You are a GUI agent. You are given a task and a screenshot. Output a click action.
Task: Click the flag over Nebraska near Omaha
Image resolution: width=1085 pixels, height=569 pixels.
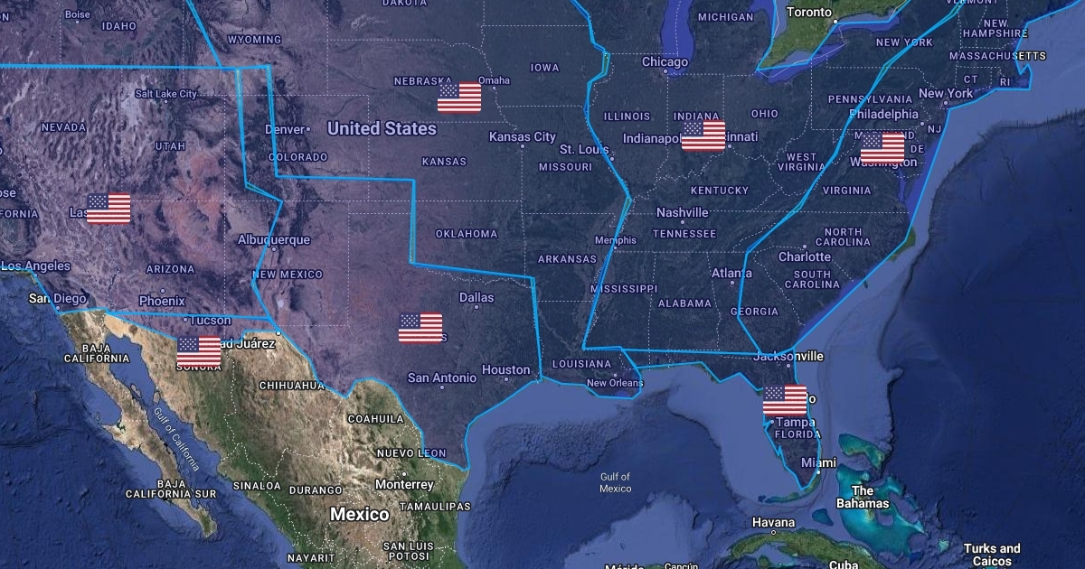(459, 98)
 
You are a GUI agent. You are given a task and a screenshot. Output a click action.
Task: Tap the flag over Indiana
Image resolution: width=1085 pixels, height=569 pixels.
(703, 135)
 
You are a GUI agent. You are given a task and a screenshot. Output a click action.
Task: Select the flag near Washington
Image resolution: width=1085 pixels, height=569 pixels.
(882, 147)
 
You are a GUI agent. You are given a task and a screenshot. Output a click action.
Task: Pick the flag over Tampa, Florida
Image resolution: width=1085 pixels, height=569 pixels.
(785, 400)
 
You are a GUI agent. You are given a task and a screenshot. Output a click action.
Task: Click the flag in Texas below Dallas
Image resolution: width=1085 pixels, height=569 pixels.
(420, 328)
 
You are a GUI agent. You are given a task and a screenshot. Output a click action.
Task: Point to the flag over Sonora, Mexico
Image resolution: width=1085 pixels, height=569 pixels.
(199, 351)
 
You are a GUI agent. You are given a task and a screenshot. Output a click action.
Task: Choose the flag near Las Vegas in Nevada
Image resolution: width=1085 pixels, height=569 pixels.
(108, 209)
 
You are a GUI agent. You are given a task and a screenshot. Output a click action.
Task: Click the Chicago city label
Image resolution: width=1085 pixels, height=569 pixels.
(665, 62)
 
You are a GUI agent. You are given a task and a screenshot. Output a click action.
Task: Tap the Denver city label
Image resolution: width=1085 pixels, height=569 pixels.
(285, 130)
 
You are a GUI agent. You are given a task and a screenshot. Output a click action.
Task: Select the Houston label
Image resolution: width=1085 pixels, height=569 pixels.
(506, 369)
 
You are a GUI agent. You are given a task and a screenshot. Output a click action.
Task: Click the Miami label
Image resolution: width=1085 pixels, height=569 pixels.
(819, 462)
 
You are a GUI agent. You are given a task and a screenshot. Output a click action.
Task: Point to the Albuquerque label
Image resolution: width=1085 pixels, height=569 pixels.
(273, 240)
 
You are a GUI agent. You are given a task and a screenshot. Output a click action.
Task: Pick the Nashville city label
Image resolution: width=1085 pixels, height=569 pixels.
(683, 212)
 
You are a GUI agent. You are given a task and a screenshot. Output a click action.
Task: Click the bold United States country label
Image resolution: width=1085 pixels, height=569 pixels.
(382, 128)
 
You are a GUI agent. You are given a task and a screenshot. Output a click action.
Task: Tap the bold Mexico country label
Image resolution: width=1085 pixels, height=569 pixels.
(359, 514)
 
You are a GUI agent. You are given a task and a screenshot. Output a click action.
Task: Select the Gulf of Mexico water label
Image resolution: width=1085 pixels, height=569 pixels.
(616, 482)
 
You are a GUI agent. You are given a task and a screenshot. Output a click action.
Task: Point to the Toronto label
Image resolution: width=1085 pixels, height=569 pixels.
(809, 12)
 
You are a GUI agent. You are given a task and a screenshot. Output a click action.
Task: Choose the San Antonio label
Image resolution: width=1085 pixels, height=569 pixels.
(441, 378)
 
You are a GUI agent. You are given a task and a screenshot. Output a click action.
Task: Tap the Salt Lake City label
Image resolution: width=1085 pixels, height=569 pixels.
(165, 94)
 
